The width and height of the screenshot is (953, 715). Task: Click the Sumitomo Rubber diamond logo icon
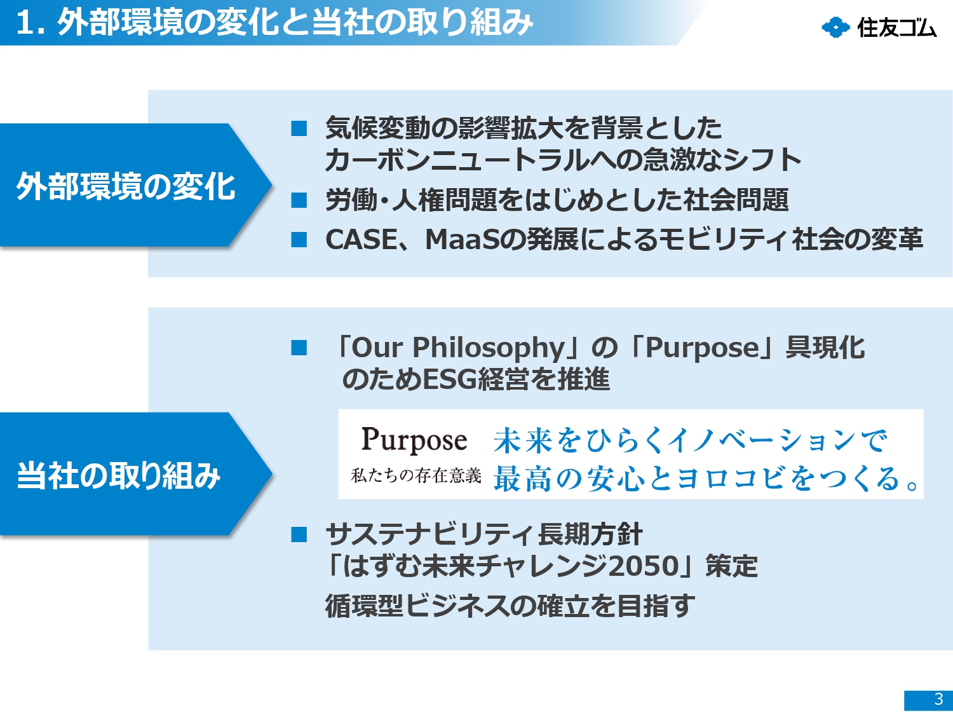point(835,28)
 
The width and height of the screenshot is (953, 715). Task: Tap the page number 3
point(938,699)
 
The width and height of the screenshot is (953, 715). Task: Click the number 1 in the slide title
point(24,24)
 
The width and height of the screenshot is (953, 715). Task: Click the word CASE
point(362,239)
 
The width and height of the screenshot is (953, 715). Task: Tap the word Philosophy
point(489,348)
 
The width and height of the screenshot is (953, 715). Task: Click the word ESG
point(450,379)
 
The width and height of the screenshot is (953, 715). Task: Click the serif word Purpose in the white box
point(414,440)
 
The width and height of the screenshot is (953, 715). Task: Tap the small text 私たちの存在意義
point(416,476)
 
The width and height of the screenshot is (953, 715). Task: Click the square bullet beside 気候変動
point(299,128)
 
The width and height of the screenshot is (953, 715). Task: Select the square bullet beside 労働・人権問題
point(299,200)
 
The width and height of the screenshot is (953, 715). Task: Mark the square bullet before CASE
point(299,239)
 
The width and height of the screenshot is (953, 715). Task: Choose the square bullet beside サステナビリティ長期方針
point(299,535)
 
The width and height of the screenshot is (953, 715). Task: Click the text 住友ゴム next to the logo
point(897,28)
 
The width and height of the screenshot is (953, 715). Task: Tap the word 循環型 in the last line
point(365,606)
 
